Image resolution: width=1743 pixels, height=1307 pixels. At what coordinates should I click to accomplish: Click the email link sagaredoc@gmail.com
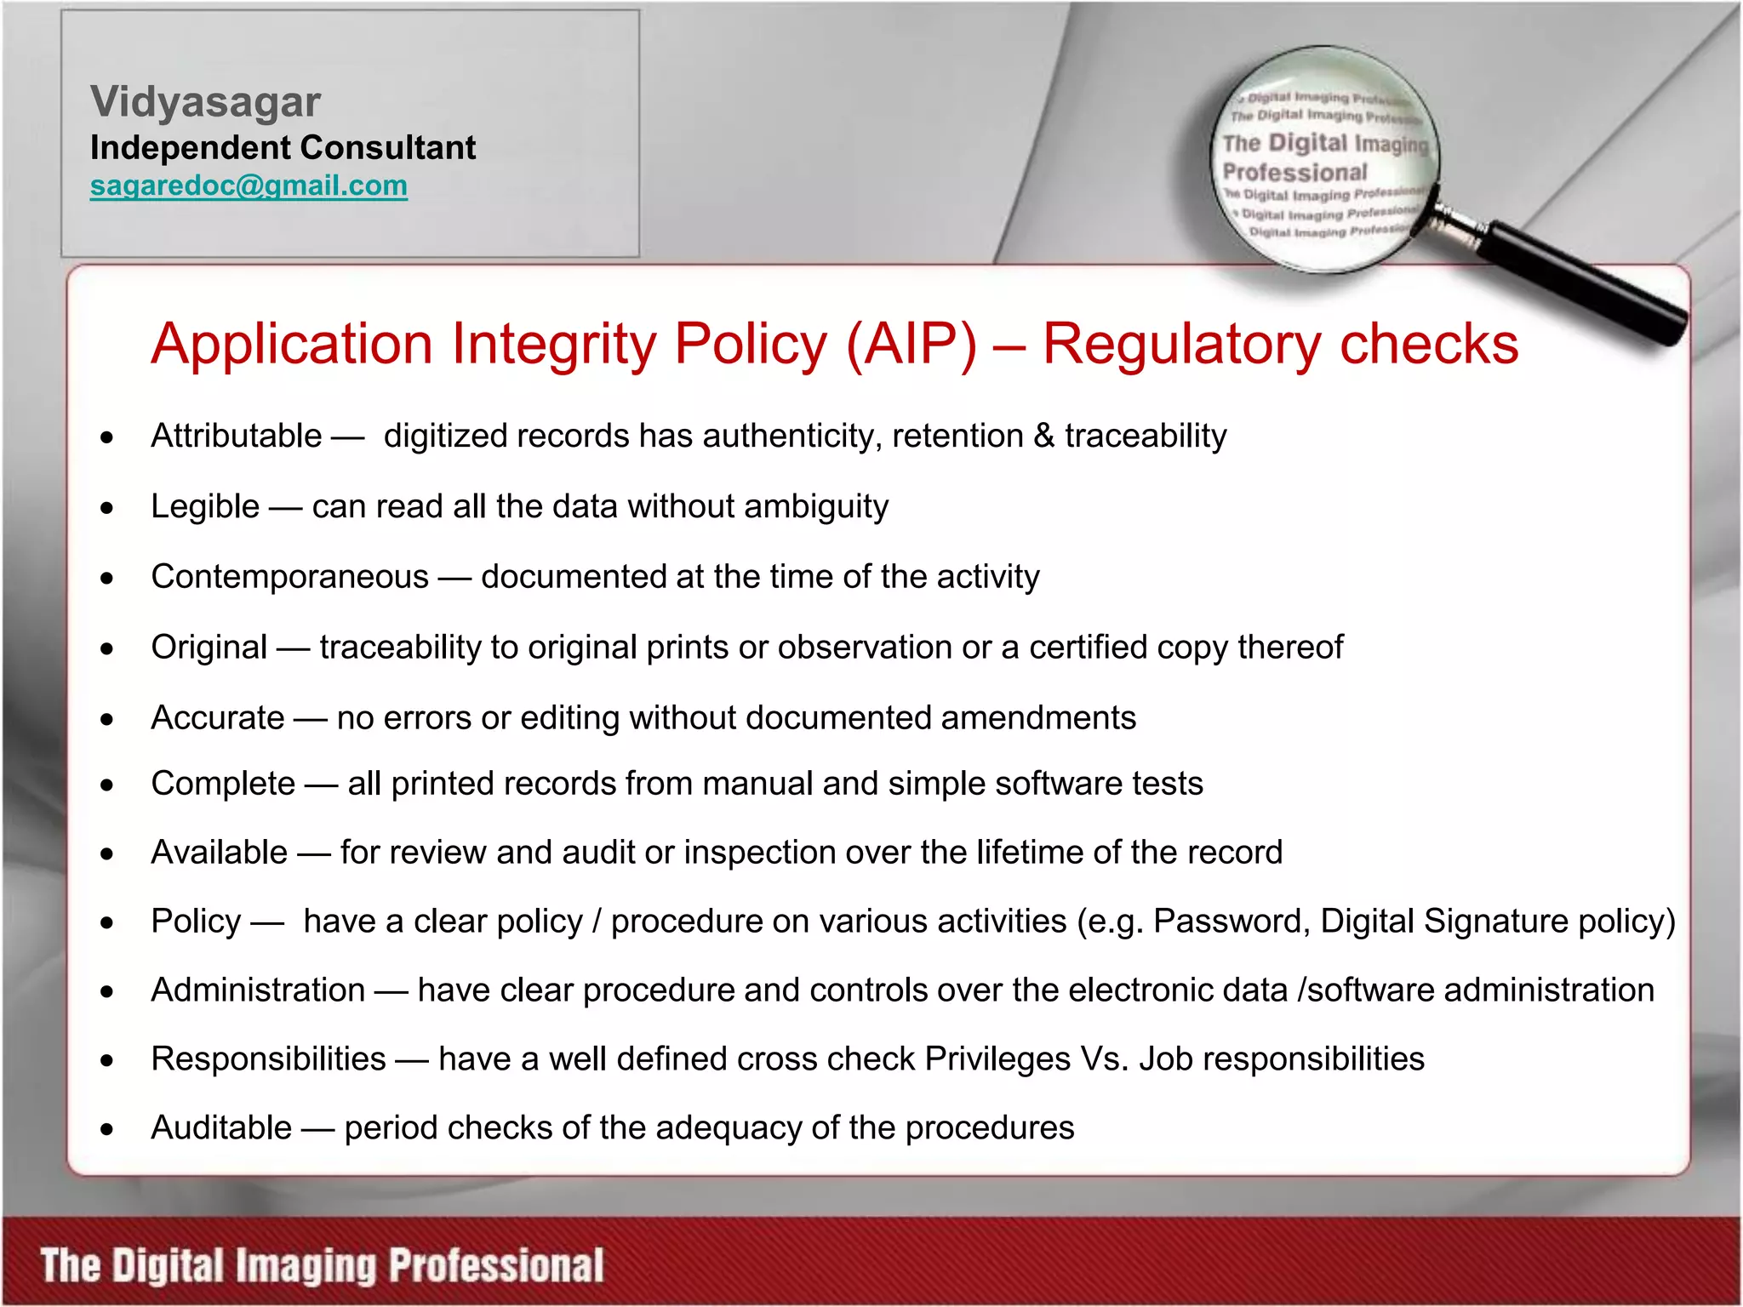point(249,185)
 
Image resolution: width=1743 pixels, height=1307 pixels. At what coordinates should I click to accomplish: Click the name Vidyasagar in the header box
point(205,102)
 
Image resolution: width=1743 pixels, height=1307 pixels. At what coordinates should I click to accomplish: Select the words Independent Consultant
point(283,148)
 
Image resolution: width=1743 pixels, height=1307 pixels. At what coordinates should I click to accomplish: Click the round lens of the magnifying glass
point(1324,162)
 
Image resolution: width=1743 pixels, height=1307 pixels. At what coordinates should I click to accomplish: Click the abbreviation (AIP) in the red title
point(911,344)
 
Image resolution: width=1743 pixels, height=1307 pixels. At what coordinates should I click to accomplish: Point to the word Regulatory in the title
point(1181,344)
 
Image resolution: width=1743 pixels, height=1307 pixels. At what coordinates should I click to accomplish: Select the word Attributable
point(236,436)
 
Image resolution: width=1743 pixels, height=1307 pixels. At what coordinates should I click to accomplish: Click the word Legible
point(205,506)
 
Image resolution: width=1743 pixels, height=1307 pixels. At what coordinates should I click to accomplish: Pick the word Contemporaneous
point(289,577)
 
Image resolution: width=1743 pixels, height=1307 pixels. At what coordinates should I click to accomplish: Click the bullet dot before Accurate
point(106,720)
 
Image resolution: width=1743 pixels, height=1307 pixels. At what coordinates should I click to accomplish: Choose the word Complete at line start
point(223,784)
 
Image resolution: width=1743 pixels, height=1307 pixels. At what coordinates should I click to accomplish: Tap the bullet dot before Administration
point(106,992)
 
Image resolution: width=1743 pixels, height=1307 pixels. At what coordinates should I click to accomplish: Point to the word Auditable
point(221,1128)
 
